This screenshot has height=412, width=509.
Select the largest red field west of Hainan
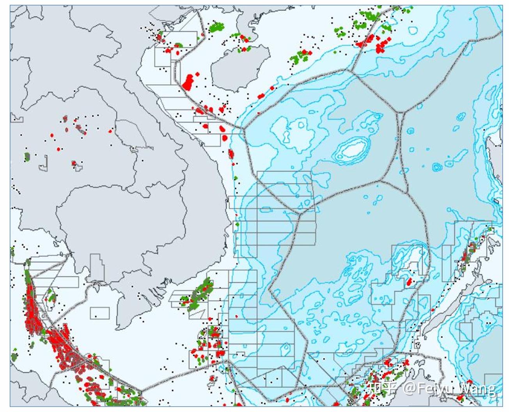coord(189,82)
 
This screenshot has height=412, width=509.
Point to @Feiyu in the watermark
coord(425,389)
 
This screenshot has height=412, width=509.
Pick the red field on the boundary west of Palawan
coord(409,281)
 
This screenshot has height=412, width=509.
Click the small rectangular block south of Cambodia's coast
coord(100,313)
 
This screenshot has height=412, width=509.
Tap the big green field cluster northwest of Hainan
coord(216,27)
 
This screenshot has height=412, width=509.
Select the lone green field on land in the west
coord(27,157)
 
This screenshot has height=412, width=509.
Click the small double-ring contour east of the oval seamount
coord(437,167)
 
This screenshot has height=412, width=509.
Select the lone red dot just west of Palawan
coord(432,310)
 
